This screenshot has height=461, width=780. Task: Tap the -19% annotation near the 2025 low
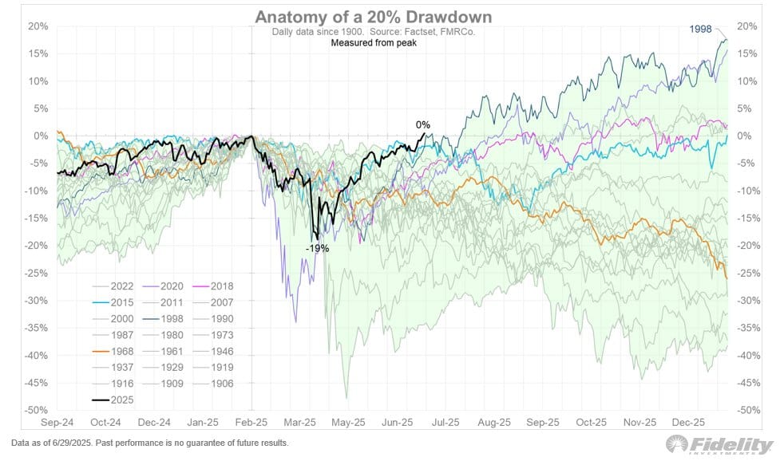coord(316,248)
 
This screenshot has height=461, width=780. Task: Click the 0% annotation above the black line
coord(423,124)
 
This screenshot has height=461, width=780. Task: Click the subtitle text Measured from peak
coord(374,42)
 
